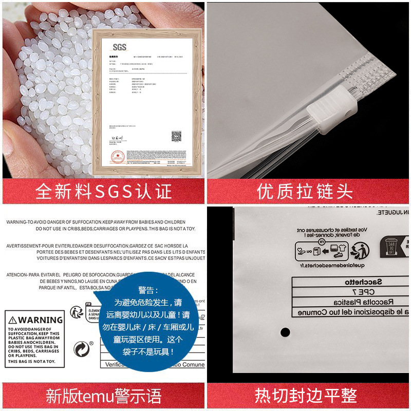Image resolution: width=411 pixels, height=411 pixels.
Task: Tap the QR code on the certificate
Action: click(176, 136)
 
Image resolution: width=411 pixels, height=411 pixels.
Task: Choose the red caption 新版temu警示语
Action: click(103, 396)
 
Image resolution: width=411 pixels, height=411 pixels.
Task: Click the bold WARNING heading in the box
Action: click(40, 320)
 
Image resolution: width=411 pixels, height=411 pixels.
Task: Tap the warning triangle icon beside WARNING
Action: click(13, 320)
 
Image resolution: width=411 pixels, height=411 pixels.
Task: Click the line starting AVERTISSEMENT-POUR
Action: click(98, 246)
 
